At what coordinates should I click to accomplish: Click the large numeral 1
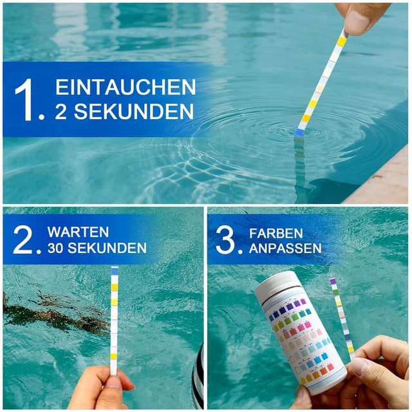click(x=28, y=99)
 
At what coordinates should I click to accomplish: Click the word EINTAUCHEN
click(x=126, y=88)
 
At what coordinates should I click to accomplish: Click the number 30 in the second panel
click(x=56, y=248)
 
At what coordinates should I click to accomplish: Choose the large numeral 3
click(x=227, y=240)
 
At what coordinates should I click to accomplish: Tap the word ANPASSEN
click(x=285, y=248)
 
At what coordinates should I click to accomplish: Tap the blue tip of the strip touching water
click(x=300, y=131)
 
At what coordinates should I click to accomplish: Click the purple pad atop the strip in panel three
click(x=333, y=282)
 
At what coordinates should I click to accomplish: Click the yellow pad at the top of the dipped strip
click(x=341, y=41)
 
